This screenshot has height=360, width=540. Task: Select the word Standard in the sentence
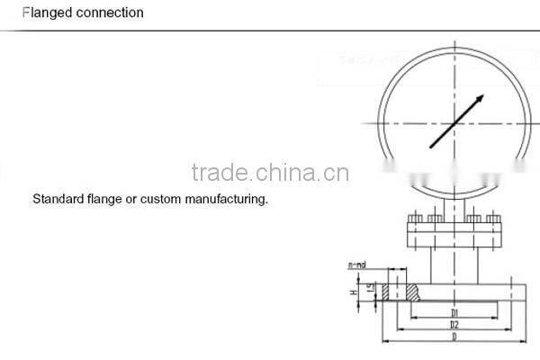(x=56, y=198)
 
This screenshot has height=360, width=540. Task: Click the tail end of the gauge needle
(x=432, y=147)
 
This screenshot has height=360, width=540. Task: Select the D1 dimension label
(x=456, y=312)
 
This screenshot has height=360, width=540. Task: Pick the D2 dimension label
(x=456, y=324)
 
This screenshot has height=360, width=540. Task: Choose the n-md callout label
(x=356, y=266)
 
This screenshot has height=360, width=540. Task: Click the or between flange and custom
(x=130, y=198)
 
